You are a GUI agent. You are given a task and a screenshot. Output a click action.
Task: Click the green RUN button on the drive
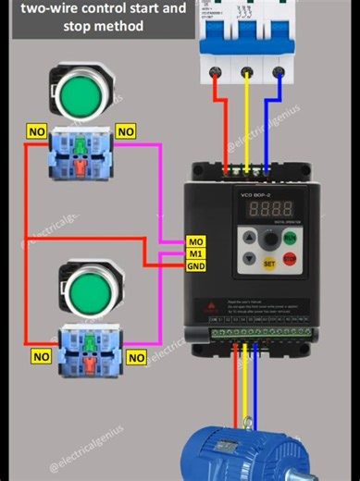[x=290, y=238]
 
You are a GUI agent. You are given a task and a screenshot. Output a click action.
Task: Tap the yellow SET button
[x=270, y=262]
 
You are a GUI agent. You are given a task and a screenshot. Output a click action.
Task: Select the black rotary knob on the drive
[x=270, y=240]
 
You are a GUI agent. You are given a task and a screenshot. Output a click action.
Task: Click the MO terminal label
[x=196, y=241]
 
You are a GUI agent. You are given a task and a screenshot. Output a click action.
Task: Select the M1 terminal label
[x=196, y=253]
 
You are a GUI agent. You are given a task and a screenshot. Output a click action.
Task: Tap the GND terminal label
[x=196, y=266]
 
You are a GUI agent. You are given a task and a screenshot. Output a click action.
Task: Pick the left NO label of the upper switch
[x=37, y=132]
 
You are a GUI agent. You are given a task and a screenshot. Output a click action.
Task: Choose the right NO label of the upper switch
[x=126, y=132]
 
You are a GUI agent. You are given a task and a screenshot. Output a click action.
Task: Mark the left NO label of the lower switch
[x=41, y=356]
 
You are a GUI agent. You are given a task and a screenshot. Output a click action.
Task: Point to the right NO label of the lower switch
[x=136, y=357]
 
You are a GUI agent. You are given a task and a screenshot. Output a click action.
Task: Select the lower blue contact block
[x=90, y=350]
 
